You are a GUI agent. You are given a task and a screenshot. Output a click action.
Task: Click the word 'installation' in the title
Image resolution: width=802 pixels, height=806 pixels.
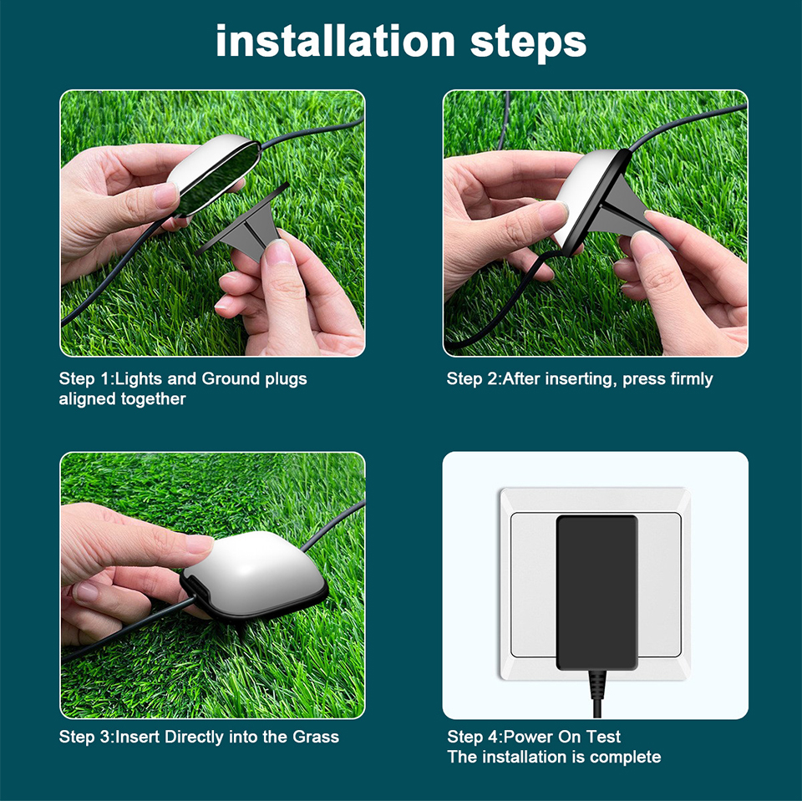(335, 41)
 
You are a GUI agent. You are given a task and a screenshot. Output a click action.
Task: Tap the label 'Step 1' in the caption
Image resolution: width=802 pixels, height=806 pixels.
(84, 379)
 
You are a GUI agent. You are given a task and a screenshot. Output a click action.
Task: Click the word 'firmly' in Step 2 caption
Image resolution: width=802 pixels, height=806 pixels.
(691, 379)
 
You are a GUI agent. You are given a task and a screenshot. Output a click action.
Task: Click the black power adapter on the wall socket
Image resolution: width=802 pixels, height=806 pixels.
(596, 589)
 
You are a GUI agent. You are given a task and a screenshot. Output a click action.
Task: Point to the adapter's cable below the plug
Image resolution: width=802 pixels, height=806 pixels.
(596, 697)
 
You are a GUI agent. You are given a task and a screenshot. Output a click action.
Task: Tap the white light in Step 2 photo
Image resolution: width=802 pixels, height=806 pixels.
(589, 192)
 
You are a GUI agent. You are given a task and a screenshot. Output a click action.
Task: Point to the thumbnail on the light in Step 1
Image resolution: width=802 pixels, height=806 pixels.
(166, 195)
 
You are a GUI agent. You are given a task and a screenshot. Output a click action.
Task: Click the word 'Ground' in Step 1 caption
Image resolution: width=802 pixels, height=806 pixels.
(231, 379)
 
